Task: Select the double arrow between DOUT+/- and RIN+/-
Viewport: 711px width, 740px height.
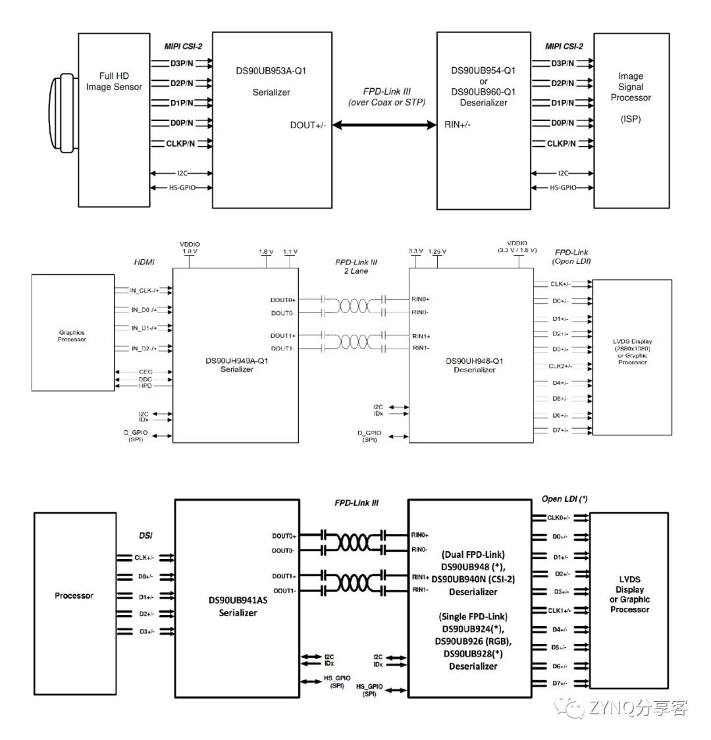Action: click(x=385, y=125)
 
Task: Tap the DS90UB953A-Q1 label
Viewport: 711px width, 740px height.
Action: click(x=271, y=71)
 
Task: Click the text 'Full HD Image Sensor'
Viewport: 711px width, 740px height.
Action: click(x=114, y=82)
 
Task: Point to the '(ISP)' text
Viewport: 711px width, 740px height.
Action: click(x=630, y=119)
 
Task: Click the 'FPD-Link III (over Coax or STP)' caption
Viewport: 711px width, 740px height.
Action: click(x=386, y=97)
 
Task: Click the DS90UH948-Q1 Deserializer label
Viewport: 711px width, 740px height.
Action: click(x=474, y=364)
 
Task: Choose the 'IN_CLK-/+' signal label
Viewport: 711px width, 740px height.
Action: click(x=145, y=289)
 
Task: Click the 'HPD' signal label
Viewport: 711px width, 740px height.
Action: click(x=145, y=386)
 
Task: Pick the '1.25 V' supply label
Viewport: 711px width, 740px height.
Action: click(x=436, y=252)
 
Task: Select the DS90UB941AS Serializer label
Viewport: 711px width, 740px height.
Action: click(x=238, y=606)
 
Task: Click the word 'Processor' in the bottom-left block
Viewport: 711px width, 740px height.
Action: click(x=74, y=595)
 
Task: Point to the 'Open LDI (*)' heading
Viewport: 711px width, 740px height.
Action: click(x=564, y=499)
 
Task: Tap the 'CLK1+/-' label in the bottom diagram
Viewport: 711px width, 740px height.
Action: click(x=559, y=610)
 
